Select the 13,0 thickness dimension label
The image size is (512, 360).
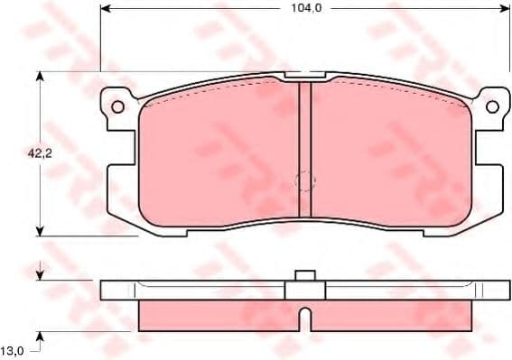[x=13, y=349]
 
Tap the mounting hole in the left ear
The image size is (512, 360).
[x=116, y=106]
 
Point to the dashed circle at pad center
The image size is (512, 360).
[x=306, y=180]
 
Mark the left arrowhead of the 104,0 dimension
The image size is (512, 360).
[x=105, y=8]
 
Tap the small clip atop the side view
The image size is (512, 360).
[x=304, y=275]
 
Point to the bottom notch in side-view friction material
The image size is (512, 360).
[x=305, y=318]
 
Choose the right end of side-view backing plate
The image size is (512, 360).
[x=504, y=290]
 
